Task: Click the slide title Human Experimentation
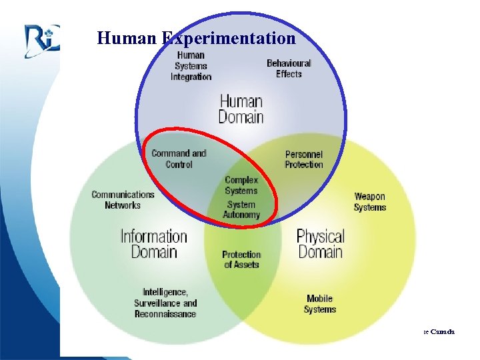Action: [196, 38]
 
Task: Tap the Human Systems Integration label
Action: [191, 66]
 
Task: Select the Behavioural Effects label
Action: [289, 68]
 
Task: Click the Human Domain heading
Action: [241, 109]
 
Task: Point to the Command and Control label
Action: [179, 159]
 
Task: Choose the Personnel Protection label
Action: [303, 159]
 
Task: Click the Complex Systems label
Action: [241, 185]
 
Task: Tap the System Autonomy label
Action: [241, 209]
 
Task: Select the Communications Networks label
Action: [123, 200]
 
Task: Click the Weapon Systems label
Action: [370, 201]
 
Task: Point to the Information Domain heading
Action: [154, 243]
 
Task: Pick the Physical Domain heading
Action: [320, 243]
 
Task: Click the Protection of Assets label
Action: [241, 259]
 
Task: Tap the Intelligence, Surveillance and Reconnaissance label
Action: [165, 303]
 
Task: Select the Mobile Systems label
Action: [320, 304]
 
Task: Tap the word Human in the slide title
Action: [127, 38]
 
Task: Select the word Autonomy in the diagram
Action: [241, 215]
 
